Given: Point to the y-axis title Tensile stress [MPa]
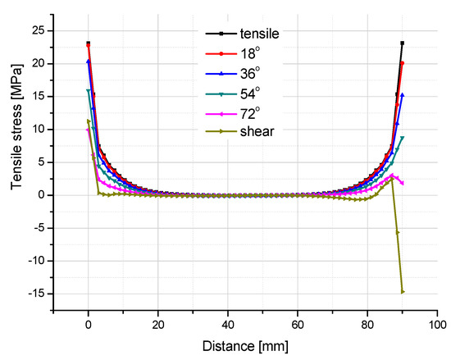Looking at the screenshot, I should [x=17, y=170].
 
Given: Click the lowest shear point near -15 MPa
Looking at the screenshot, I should [x=403, y=291].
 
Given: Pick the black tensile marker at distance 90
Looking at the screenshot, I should [x=403, y=43].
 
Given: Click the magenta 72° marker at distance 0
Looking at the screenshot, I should [x=89, y=130].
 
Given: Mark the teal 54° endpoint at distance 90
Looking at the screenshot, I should [x=403, y=138].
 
